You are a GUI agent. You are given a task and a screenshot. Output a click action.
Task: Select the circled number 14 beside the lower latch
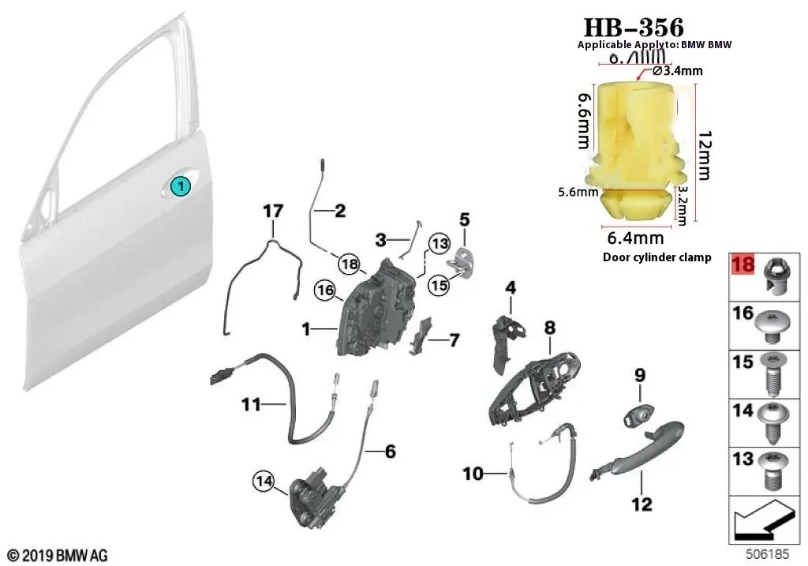(x=264, y=480)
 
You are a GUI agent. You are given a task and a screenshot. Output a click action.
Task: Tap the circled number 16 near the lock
(x=324, y=290)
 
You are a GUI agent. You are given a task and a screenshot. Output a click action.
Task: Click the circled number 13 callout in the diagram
(x=439, y=242)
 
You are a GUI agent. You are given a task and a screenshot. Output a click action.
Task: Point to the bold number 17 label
(x=272, y=212)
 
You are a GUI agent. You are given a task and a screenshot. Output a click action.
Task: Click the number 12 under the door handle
(x=642, y=503)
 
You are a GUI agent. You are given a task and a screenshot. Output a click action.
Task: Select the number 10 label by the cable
(x=473, y=474)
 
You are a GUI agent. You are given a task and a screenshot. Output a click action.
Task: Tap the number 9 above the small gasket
(x=639, y=374)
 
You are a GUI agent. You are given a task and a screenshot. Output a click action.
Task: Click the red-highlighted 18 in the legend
(x=743, y=264)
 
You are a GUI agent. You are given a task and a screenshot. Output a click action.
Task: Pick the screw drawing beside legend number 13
(x=772, y=470)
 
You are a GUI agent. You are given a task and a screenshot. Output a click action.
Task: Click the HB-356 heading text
(x=634, y=27)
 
